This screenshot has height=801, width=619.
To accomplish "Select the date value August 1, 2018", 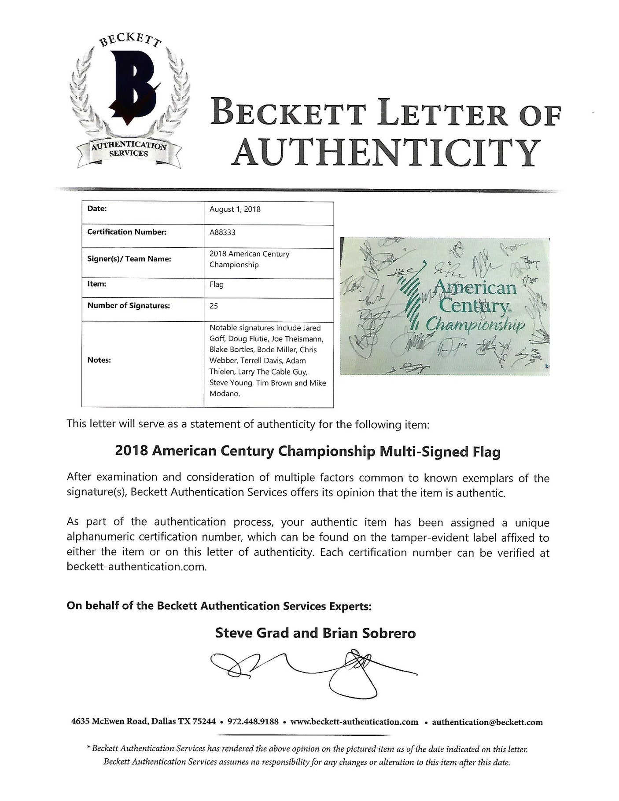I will (235, 209).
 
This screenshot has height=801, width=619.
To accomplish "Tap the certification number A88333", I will (222, 232).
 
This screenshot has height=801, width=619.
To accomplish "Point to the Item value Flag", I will (217, 284).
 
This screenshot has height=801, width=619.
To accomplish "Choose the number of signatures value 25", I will (214, 305).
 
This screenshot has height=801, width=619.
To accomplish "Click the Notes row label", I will (99, 360).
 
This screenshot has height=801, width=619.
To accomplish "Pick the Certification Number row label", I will (127, 232).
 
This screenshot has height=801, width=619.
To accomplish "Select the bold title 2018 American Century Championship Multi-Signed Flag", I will (307, 452).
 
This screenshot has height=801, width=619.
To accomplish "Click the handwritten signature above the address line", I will (313, 676).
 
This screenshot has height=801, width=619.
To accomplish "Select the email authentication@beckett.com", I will (487, 735).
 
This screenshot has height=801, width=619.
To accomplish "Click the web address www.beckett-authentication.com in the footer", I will (354, 735).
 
